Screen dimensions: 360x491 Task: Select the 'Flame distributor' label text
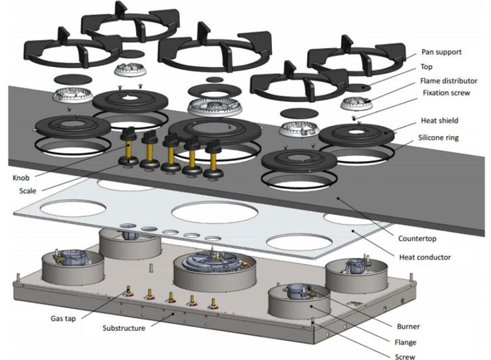point(449,81)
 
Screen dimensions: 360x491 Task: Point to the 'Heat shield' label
point(440,120)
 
